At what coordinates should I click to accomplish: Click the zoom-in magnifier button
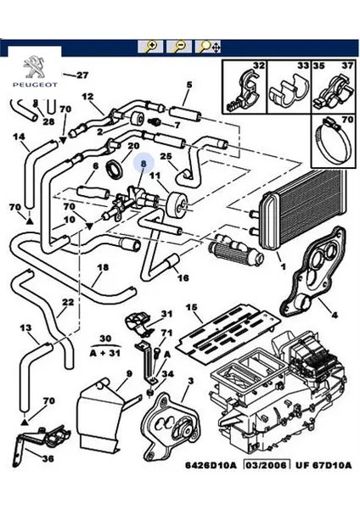click(x=150, y=47)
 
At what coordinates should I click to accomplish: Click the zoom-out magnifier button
click(x=179, y=47)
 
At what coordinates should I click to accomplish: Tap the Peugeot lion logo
click(x=35, y=67)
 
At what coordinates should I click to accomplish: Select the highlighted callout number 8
click(x=143, y=164)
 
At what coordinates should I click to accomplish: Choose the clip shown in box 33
click(x=289, y=92)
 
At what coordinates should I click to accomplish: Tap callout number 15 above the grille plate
click(x=191, y=307)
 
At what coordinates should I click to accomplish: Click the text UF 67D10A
click(x=323, y=465)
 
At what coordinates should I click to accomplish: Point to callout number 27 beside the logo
click(x=82, y=76)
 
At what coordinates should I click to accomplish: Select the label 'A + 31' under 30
click(x=105, y=353)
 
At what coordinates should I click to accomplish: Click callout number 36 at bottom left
click(x=47, y=459)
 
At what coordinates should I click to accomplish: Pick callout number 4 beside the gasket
click(x=335, y=314)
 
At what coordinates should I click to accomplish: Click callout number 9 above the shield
click(x=129, y=374)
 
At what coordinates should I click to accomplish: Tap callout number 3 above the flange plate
click(x=191, y=380)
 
